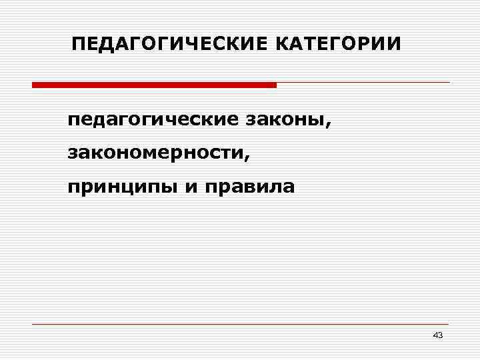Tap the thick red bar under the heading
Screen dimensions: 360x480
tap(153, 85)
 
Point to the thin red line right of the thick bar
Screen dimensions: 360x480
tap(363, 83)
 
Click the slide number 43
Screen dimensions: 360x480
tap(437, 335)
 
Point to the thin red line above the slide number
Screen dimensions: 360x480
tap(240, 324)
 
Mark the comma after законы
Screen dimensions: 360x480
tap(327, 125)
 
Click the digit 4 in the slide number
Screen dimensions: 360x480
tap(435, 335)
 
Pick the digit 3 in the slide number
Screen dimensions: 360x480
tap(440, 335)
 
